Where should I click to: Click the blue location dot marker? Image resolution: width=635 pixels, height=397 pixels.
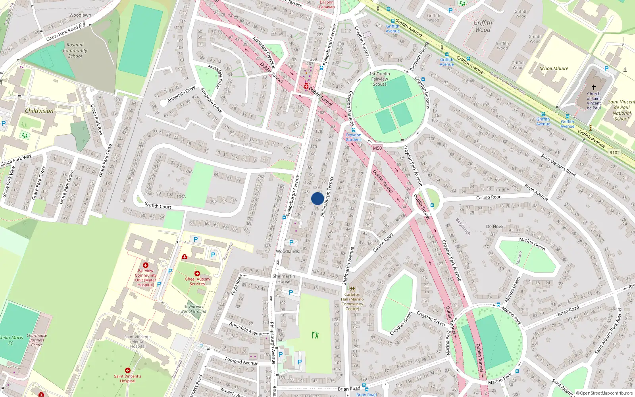pos(317,198)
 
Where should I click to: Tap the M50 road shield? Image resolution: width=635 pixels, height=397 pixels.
pos(377,148)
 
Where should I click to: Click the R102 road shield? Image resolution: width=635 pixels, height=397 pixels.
pos(614,152)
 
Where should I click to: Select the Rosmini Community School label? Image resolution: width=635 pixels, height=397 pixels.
pos(75,50)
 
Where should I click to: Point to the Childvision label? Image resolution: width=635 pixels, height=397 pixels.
pos(39,111)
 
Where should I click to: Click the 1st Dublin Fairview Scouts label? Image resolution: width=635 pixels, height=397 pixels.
pos(379,79)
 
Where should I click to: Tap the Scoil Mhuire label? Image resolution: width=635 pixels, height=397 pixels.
pos(554,68)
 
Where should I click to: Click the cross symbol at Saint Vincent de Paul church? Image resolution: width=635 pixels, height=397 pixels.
pos(594,87)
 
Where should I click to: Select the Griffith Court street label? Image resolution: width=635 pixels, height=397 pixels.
pos(158,206)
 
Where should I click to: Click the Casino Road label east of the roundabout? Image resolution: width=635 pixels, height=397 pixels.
pos(489,197)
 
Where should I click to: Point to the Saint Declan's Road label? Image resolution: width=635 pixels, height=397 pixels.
pos(558,165)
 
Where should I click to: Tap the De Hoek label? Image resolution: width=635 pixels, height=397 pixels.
pos(495,226)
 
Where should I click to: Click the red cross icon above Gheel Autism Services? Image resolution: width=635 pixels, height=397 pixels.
pos(197,273)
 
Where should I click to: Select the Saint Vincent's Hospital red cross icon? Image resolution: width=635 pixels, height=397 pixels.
pos(127,370)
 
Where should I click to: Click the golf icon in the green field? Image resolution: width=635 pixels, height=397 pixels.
pos(315,335)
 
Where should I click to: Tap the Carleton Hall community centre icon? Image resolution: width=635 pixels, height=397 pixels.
pos(352,289)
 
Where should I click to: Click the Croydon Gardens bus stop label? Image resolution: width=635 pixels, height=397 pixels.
pos(353,137)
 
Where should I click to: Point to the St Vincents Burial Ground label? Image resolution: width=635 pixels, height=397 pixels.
pos(194,309)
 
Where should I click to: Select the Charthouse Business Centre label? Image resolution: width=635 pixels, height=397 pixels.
pos(37,340)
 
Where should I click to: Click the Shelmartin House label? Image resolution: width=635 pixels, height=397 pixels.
pos(284,279)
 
